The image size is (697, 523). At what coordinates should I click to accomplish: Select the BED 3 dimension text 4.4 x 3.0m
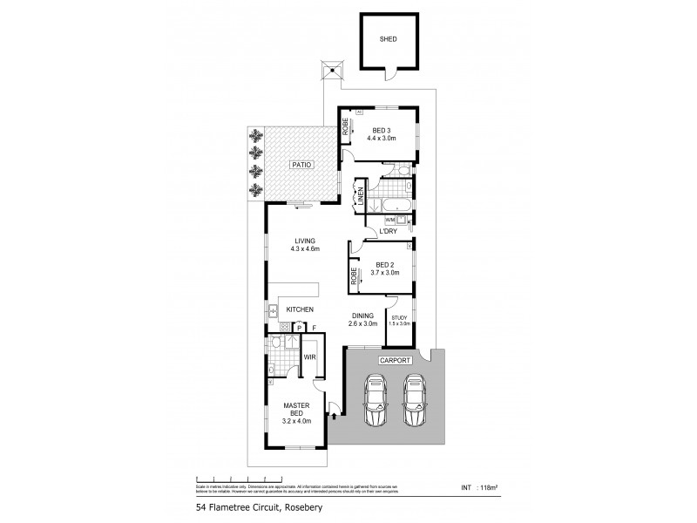point(381,138)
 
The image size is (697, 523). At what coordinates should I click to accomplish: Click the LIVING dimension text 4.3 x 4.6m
point(306,249)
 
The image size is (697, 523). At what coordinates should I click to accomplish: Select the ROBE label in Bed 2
point(355,276)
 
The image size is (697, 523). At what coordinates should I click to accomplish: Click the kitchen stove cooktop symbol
point(284,327)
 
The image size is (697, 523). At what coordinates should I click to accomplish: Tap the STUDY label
point(400,317)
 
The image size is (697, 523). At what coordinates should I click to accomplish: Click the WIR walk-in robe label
point(308,357)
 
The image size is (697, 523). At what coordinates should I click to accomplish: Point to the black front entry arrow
point(333,417)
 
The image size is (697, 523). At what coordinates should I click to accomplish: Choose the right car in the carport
point(414,398)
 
